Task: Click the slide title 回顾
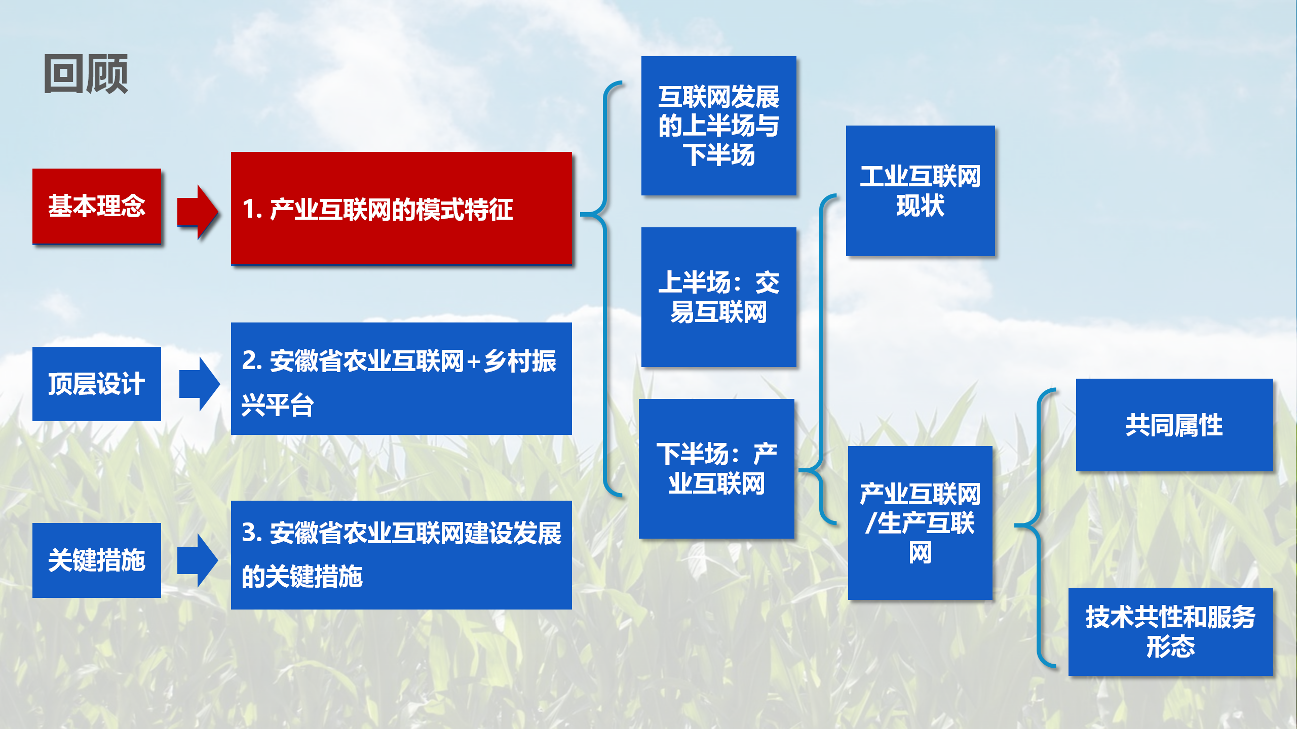[86, 74]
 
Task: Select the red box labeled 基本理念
[97, 206]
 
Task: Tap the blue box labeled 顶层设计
[97, 384]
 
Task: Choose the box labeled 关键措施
[97, 560]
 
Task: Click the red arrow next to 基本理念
[198, 212]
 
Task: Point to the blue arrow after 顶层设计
[199, 384]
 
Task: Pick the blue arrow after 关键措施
[198, 560]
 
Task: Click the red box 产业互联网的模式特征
[401, 208]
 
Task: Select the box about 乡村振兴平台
[401, 379]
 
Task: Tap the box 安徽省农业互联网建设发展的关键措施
[401, 555]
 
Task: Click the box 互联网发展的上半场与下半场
[719, 126]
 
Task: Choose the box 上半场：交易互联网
[719, 297]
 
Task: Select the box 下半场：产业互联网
[716, 469]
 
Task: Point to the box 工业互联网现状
[921, 191]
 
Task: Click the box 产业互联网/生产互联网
[920, 523]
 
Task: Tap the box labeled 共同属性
[1174, 425]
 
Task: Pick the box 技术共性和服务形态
[1171, 632]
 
